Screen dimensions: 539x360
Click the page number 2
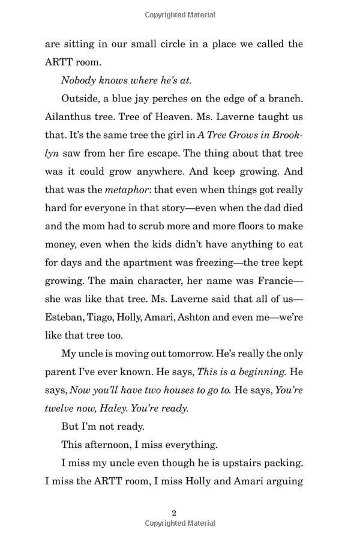click(174, 513)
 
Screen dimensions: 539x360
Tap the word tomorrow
click(197, 354)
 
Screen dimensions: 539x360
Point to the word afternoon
click(110, 445)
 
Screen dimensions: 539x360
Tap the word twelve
click(59, 408)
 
